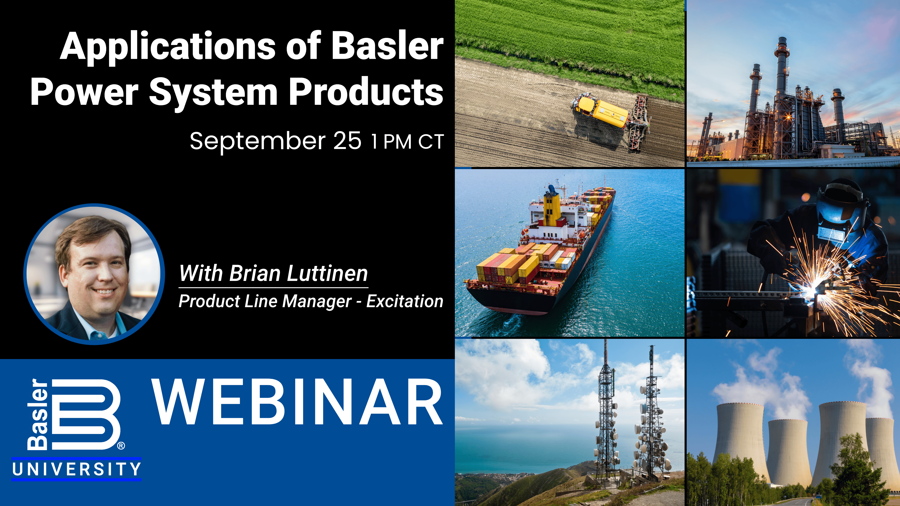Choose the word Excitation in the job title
[405, 301]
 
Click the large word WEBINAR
[298, 402]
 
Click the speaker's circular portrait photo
[94, 274]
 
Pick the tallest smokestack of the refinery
[781, 70]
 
